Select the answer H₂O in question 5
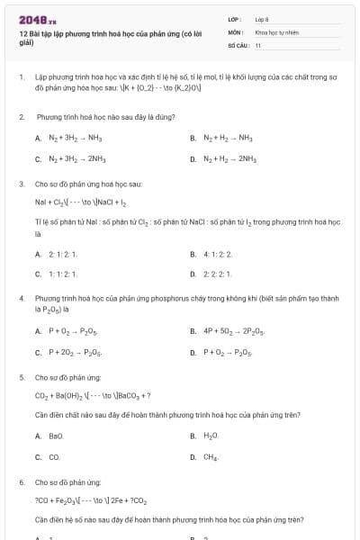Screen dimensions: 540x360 211,436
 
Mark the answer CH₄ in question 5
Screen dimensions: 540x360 211,456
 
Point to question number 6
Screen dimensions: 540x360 21,482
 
